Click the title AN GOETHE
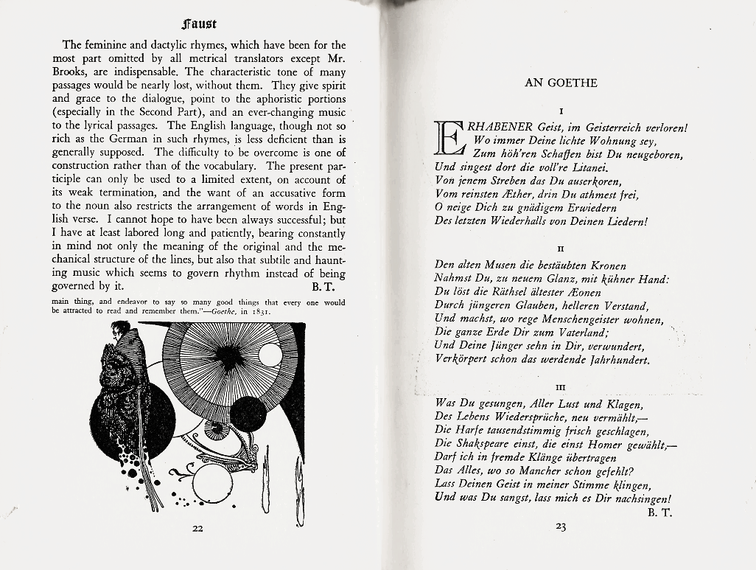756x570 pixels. click(561, 83)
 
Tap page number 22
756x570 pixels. click(198, 528)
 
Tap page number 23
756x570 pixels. click(561, 526)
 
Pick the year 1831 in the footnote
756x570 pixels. click(258, 311)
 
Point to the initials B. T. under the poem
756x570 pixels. click(659, 511)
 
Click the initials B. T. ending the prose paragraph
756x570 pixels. click(323, 286)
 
